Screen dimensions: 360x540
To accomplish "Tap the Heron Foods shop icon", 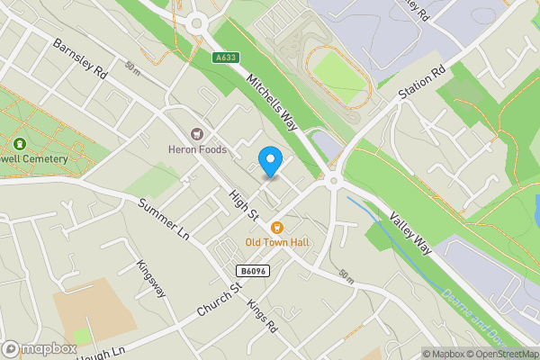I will click(196, 133).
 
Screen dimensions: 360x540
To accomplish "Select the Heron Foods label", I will click(197, 149).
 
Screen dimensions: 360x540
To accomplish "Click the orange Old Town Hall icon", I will click(278, 227).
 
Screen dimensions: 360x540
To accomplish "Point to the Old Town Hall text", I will click(278, 243).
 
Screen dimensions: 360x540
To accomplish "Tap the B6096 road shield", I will click(254, 271).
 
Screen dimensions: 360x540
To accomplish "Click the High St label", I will click(243, 206).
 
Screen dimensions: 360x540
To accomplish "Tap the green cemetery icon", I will click(19, 143).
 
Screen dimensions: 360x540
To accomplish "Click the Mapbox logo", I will click(39, 349).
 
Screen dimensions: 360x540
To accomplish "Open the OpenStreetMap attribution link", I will click(502, 354).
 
